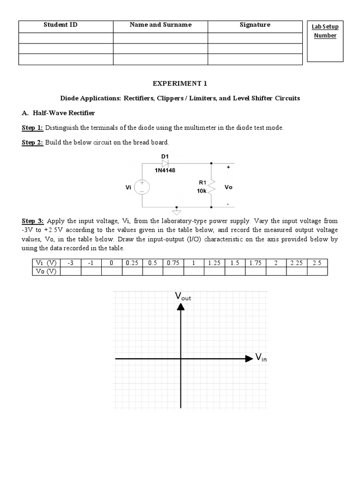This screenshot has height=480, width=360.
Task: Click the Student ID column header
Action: [60, 25]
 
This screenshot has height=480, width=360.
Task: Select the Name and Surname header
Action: [160, 25]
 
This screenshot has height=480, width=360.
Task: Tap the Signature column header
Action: [255, 25]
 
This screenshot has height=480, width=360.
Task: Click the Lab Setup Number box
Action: [325, 41]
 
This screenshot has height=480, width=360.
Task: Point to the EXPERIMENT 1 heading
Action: [180, 83]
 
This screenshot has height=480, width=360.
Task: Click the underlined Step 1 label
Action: [32, 127]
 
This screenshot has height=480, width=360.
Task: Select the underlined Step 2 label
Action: [32, 142]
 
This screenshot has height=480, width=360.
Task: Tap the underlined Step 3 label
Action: [32, 220]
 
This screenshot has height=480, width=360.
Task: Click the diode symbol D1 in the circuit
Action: [165, 162]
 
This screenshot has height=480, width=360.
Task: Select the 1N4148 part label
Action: [165, 171]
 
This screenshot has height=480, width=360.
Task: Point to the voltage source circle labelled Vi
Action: [142, 187]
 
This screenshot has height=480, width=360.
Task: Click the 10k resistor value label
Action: [202, 192]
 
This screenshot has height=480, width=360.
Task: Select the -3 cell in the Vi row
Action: [70, 263]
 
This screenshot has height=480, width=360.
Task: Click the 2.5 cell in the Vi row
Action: [316, 263]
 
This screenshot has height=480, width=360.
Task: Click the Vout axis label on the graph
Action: [182, 296]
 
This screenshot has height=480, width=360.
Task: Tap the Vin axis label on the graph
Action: [261, 358]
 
